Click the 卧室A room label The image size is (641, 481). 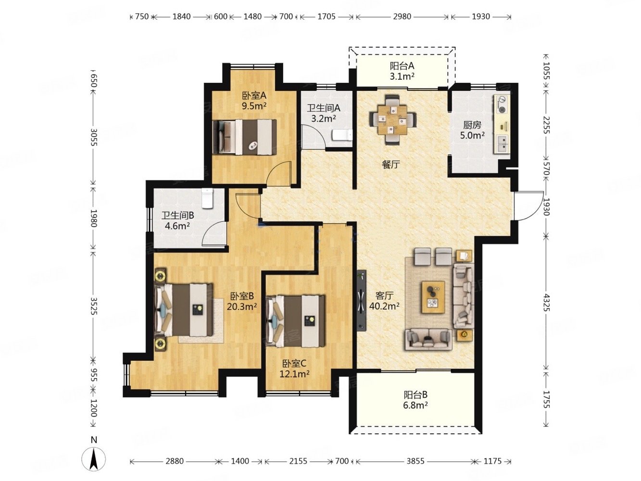[x=254, y=96]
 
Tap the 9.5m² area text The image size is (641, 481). [x=254, y=106]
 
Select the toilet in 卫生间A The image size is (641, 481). [x=342, y=136]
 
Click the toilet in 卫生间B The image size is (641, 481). [x=208, y=199]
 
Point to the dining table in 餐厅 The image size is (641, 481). [x=393, y=119]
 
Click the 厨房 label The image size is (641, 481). [x=472, y=125]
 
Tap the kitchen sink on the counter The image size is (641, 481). [x=502, y=144]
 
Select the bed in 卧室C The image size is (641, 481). [x=295, y=321]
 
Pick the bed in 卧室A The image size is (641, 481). [x=245, y=137]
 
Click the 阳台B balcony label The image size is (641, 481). [x=415, y=395]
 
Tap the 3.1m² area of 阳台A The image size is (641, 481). [x=402, y=76]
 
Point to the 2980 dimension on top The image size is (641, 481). [x=402, y=17]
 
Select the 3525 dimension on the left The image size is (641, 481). [x=94, y=306]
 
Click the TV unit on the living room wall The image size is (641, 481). [x=361, y=300]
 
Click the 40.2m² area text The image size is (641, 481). [x=384, y=306]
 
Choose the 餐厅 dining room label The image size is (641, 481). [x=390, y=165]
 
